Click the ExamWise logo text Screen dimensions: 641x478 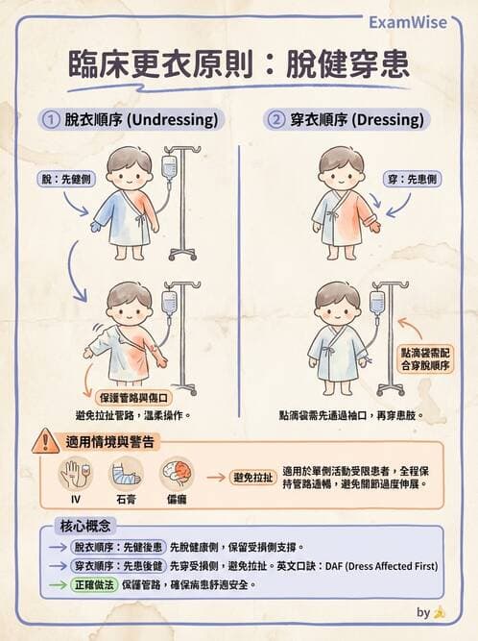pos(408,22)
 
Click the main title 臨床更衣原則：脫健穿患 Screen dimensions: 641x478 pos(238,64)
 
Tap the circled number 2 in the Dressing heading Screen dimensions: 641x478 pos(275,120)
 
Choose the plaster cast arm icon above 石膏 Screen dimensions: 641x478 pos(125,474)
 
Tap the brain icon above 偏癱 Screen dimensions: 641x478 pos(176,474)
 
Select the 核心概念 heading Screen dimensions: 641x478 pos(86,527)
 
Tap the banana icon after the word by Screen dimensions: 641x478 pos(439,611)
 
